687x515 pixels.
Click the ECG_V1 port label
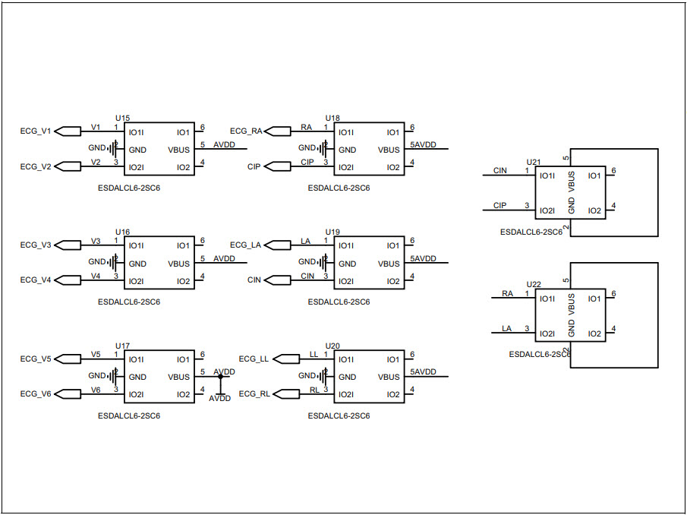point(36,131)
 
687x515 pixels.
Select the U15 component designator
point(122,118)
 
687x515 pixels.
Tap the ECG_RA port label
point(246,131)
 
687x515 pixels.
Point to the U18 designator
point(332,118)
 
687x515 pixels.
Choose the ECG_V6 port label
point(36,394)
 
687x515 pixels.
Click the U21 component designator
point(534,163)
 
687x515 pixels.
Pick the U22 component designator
point(534,284)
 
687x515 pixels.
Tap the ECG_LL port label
point(254,359)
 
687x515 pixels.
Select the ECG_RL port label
point(254,394)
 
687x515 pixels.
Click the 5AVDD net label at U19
point(424,259)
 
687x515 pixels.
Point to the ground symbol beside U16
point(113,264)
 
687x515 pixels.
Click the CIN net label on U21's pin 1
point(499,171)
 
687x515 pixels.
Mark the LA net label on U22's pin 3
point(506,329)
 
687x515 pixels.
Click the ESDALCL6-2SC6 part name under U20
point(339,415)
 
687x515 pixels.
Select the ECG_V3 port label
point(36,245)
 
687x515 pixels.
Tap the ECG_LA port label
point(246,245)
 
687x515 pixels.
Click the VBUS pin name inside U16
point(179,264)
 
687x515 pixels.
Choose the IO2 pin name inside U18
point(392,167)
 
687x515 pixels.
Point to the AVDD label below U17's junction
point(219,398)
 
